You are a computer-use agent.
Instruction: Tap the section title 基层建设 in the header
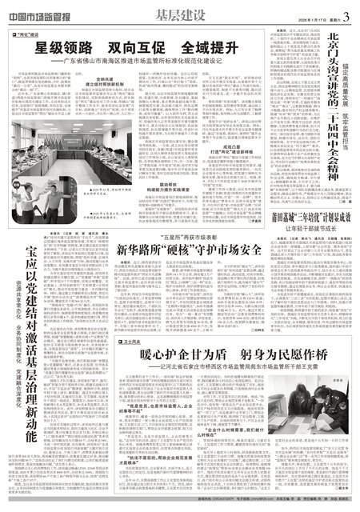(x=179, y=16)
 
